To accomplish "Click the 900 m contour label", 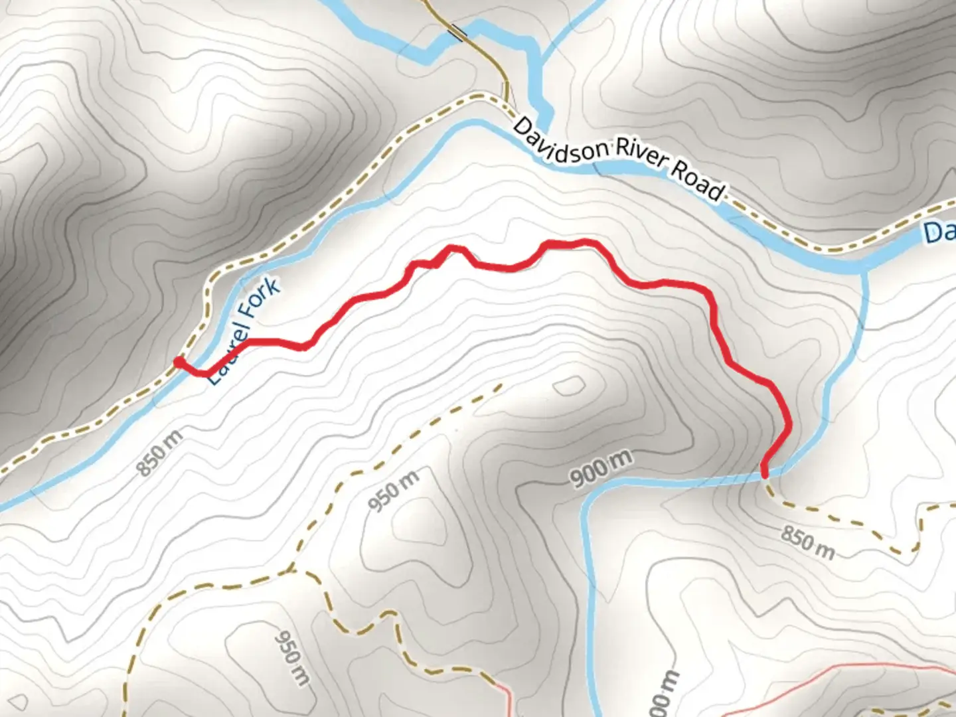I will (x=601, y=469).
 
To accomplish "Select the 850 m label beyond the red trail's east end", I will (x=807, y=542).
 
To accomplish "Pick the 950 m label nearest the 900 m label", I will (x=394, y=491).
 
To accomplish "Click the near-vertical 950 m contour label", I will (x=293, y=657).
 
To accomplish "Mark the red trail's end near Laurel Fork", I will (x=179, y=361).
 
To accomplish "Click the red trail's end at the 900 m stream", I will (x=765, y=474).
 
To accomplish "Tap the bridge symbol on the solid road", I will (x=457, y=31).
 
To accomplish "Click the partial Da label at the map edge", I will (x=940, y=232).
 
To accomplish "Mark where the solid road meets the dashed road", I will (x=506, y=100).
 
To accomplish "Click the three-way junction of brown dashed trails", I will (x=292, y=570).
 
